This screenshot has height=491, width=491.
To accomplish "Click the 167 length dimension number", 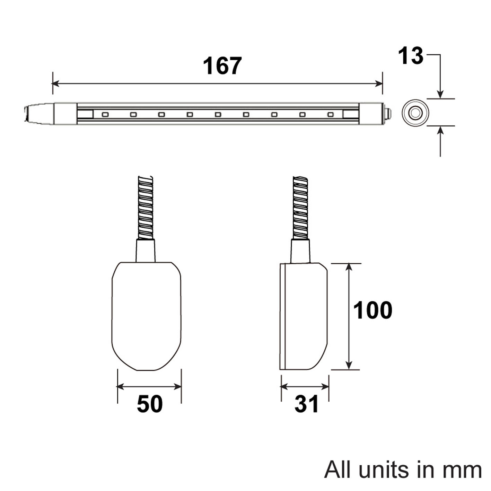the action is coord(222,66).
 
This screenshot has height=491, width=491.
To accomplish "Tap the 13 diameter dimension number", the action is coord(411,55).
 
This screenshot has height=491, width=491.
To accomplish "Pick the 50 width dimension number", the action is coord(150,404).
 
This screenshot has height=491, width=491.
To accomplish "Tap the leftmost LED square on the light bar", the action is coord(105,115).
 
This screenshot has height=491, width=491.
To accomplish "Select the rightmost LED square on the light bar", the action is coord(331,115).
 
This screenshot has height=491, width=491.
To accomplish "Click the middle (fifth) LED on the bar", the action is coord(218,115).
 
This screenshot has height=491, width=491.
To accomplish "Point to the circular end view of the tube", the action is coord(415,113).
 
